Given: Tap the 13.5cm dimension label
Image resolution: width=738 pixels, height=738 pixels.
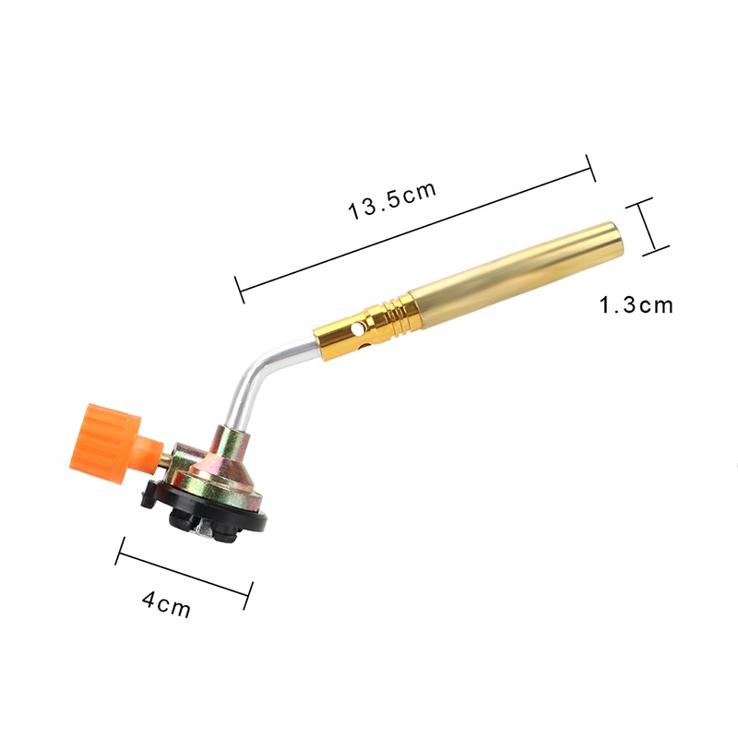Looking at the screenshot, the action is point(392,200).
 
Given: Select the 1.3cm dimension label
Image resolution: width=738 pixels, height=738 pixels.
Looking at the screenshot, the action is point(636,305).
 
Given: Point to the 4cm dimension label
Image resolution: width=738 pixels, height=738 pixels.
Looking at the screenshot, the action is point(166,604).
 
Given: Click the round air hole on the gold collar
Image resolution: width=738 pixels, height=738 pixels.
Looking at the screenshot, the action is point(358,327).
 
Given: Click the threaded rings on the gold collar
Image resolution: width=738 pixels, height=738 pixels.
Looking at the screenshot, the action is point(397,313).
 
